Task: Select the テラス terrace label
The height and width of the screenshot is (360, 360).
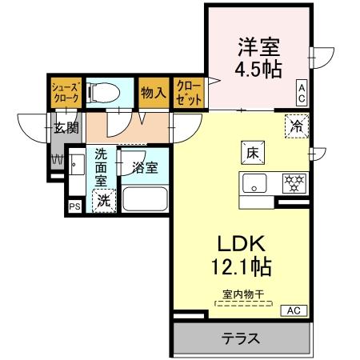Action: pyautogui.click(x=241, y=338)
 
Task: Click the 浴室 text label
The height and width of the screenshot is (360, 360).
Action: pyautogui.click(x=145, y=169)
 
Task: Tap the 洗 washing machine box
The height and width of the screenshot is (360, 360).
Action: pyautogui.click(x=104, y=202)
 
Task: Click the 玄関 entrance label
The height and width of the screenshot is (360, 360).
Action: pyautogui.click(x=66, y=126)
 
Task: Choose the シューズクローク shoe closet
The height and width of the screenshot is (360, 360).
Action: pyautogui.click(x=64, y=90)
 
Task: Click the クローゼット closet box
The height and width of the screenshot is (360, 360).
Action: pyautogui.click(x=189, y=92)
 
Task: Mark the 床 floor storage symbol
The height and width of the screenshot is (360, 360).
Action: pyautogui.click(x=248, y=150)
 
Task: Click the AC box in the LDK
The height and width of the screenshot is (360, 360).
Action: pyautogui.click(x=293, y=310)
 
